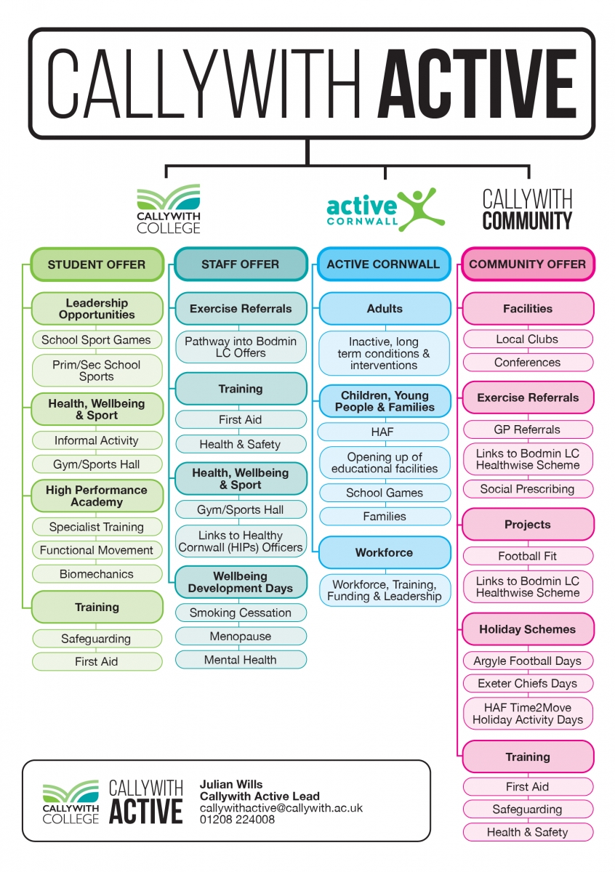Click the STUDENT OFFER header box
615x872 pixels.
(97, 265)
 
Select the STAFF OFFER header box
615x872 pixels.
(241, 264)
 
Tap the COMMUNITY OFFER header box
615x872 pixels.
(527, 264)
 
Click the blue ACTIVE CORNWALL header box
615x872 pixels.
(384, 264)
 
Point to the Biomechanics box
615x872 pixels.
(97, 574)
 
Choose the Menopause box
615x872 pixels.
(241, 636)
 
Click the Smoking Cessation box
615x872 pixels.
(241, 613)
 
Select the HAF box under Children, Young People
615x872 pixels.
(383, 432)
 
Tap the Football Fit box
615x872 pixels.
(528, 556)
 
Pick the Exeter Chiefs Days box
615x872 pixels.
(528, 684)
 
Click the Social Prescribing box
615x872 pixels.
(528, 489)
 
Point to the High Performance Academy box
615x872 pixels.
(97, 496)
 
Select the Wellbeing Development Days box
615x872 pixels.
(241, 582)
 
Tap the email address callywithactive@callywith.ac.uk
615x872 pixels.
(281, 808)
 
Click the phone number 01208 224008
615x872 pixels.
(237, 820)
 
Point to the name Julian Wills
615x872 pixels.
(231, 784)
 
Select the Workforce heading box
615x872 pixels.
(385, 552)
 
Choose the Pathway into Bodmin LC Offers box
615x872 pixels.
(241, 347)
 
